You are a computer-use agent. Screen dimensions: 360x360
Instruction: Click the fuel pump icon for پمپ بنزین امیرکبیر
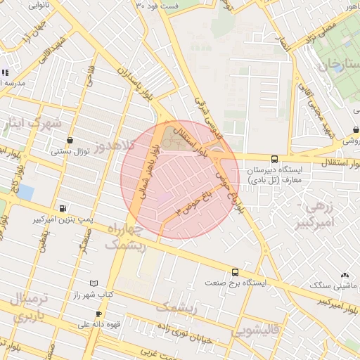[63, 208]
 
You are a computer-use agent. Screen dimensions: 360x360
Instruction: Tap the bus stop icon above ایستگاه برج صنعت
[235, 272]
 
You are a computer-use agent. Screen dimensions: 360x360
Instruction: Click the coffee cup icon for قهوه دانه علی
[98, 314]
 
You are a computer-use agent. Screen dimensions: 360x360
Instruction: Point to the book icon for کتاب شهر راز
[94, 283]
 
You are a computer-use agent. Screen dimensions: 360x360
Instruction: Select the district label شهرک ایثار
[32, 124]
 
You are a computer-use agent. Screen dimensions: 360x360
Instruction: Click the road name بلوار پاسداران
[131, 82]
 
